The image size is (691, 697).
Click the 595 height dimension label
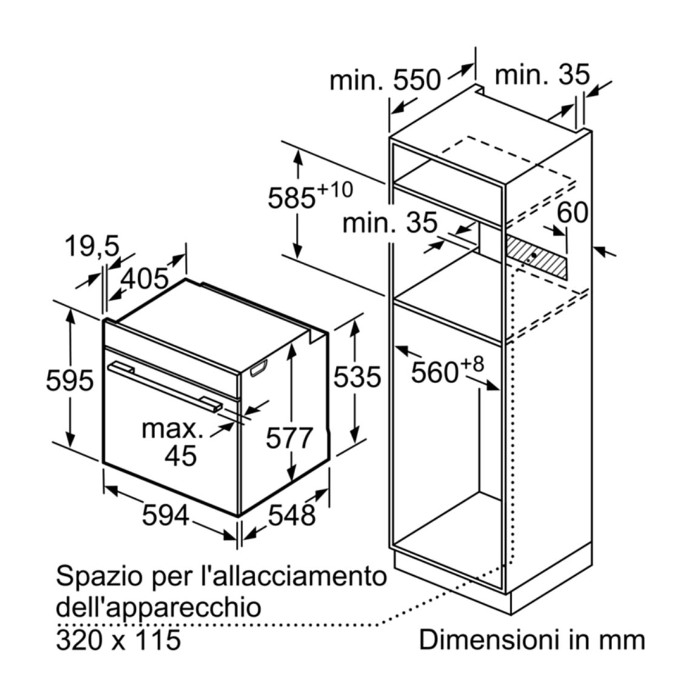(70, 381)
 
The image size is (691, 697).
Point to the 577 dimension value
(290, 438)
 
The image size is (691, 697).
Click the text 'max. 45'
(172, 442)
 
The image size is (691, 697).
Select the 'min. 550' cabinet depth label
(385, 81)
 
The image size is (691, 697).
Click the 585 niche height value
(292, 198)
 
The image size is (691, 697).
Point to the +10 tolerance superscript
(335, 190)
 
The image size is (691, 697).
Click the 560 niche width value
(435, 372)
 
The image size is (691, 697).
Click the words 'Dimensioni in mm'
(532, 640)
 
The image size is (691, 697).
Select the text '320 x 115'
(119, 640)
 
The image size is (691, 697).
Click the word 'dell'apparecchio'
(158, 608)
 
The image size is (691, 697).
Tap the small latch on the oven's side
(259, 369)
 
